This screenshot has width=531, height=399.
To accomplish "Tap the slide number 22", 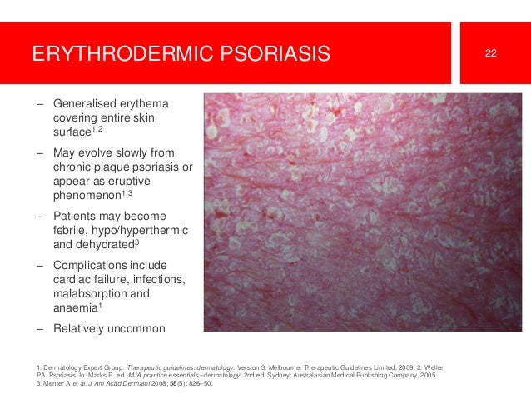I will pos(491,54).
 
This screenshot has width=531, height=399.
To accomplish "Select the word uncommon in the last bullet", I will pos(137,328).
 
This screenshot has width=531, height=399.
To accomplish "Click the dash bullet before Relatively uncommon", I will pos(39,328).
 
